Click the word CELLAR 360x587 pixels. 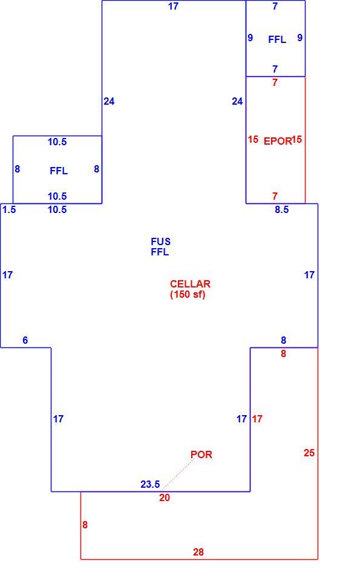[x=190, y=284]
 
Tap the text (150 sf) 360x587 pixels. [x=188, y=294]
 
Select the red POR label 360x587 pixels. [x=201, y=454]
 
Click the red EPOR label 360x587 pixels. [x=277, y=141]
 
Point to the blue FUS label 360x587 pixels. [x=160, y=241]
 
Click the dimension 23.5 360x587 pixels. [x=150, y=484]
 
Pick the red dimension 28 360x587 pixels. [x=198, y=552]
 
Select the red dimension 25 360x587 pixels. [x=309, y=453]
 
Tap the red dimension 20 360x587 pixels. [x=165, y=498]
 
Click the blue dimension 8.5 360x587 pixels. [x=282, y=209]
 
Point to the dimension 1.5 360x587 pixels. [x=9, y=209]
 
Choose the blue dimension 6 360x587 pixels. [x=25, y=340]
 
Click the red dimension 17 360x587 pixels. [x=257, y=419]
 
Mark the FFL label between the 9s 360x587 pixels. [x=277, y=40]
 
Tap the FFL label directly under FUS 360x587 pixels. [x=160, y=252]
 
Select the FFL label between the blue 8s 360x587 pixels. [x=59, y=171]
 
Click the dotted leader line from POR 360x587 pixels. [x=178, y=474]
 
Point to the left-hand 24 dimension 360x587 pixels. [x=109, y=102]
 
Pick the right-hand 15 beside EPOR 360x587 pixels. [x=296, y=140]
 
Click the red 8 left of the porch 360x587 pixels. [x=85, y=525]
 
